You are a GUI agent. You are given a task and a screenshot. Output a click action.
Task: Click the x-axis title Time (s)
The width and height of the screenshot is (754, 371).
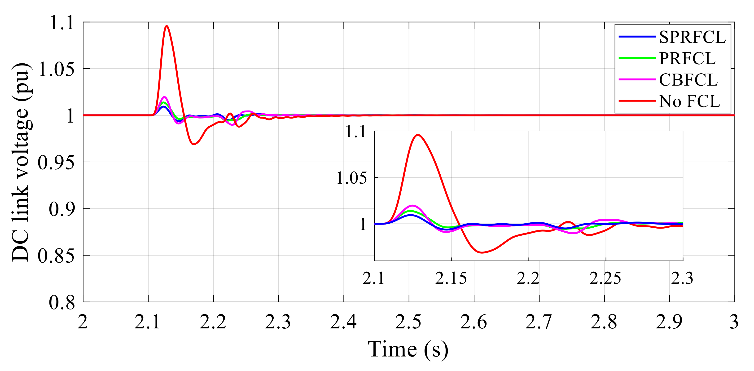click(x=408, y=349)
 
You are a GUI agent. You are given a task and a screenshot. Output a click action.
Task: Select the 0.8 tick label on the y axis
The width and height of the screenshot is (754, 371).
click(x=62, y=302)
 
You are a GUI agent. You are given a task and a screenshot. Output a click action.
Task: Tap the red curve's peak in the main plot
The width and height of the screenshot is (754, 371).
click(x=167, y=26)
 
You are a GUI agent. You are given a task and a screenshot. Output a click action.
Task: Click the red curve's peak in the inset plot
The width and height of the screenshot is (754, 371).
click(x=418, y=135)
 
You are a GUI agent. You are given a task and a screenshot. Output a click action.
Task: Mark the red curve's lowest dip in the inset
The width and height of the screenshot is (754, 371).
click(x=482, y=252)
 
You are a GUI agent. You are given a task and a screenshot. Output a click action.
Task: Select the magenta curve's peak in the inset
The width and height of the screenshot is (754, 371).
click(x=412, y=206)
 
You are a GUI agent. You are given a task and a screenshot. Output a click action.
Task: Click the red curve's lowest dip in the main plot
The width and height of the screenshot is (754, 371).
click(x=193, y=144)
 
